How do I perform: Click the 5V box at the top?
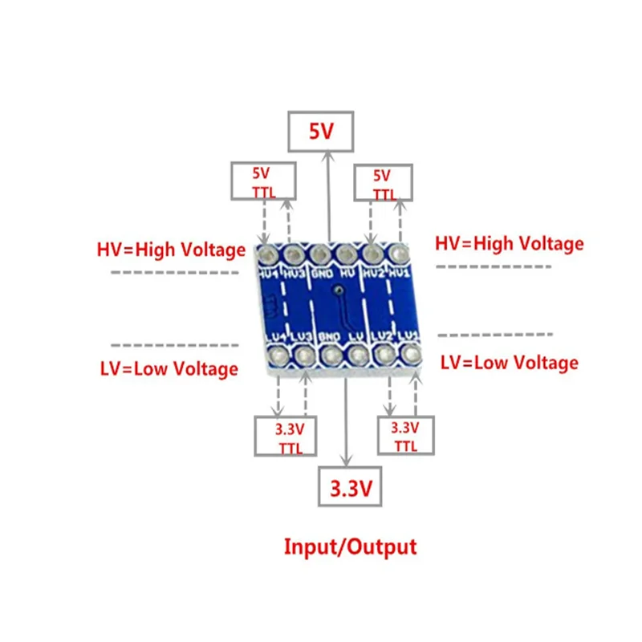click(x=320, y=132)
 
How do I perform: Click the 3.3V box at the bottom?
click(x=349, y=486)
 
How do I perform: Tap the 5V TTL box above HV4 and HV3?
click(x=262, y=181)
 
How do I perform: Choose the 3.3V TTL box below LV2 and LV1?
click(x=405, y=436)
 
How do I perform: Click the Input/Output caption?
click(x=351, y=547)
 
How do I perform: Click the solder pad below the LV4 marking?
click(x=277, y=354)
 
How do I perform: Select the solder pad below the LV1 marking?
click(x=412, y=352)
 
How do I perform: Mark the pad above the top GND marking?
click(x=319, y=254)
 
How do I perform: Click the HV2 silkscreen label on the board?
click(x=373, y=273)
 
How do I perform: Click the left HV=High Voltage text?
click(x=171, y=250)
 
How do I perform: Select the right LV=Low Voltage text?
click(x=509, y=363)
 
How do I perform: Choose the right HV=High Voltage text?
click(x=509, y=243)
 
